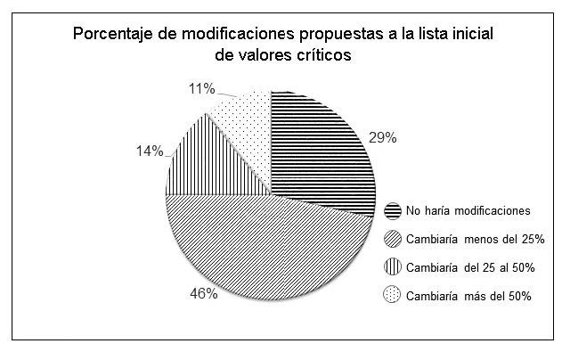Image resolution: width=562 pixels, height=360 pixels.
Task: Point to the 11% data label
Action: pos(201,88)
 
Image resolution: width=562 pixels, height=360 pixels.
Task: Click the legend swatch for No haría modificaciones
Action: pos(393,211)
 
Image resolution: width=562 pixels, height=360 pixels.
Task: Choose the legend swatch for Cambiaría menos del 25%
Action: pos(393,239)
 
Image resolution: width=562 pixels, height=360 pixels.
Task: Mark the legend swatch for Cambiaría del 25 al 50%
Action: pos(393,267)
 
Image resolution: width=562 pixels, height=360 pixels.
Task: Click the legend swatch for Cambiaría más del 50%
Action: pos(393,295)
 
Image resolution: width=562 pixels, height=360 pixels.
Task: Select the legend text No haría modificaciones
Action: pos(468,211)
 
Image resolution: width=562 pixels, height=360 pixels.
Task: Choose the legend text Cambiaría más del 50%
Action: pos(468,295)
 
